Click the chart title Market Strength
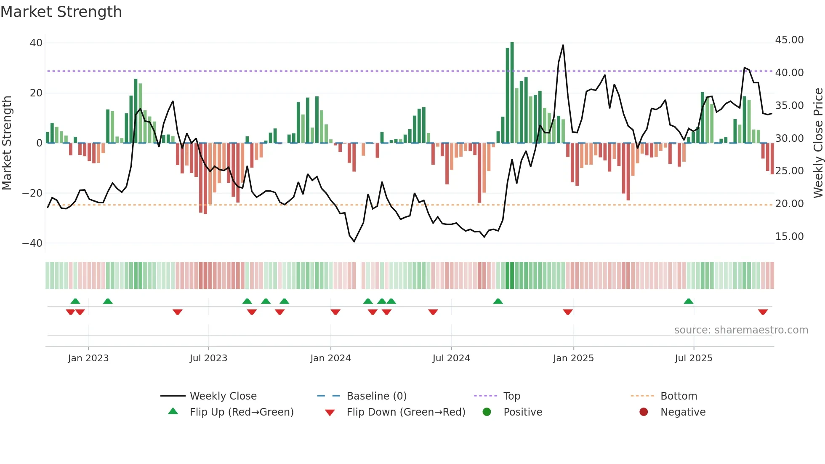(61, 12)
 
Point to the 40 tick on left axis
(36, 43)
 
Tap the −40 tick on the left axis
(32, 243)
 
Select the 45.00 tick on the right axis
(789, 40)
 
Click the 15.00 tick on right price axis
(789, 237)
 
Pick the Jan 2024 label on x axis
(330, 358)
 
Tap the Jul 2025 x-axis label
(693, 358)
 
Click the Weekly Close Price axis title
(818, 143)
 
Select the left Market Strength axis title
(7, 143)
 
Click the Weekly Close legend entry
(223, 396)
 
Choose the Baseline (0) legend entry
(376, 396)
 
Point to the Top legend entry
(512, 396)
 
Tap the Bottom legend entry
(679, 396)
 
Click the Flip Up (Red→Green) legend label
(242, 412)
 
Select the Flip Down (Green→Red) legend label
(406, 412)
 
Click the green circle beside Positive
(487, 412)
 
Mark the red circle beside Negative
(644, 412)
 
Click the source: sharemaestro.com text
(741, 330)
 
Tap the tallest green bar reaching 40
(512, 93)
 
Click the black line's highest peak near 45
(563, 45)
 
